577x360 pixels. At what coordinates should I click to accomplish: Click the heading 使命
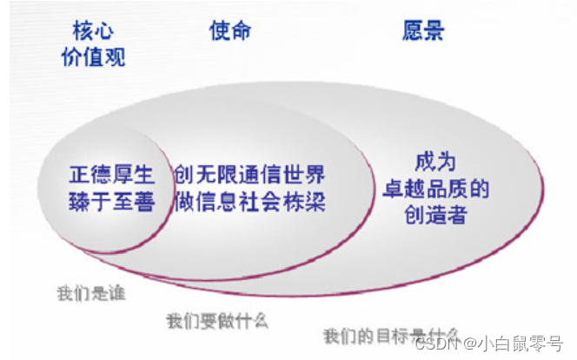point(230,30)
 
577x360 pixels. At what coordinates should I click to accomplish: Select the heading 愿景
point(423,30)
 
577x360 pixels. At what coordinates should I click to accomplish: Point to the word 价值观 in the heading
point(93,57)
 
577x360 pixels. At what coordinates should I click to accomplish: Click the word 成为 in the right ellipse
point(435,163)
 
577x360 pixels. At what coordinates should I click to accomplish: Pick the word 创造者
point(435,215)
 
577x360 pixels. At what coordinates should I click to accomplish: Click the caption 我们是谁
point(91,292)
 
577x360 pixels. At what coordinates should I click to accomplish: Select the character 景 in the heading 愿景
point(434,30)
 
